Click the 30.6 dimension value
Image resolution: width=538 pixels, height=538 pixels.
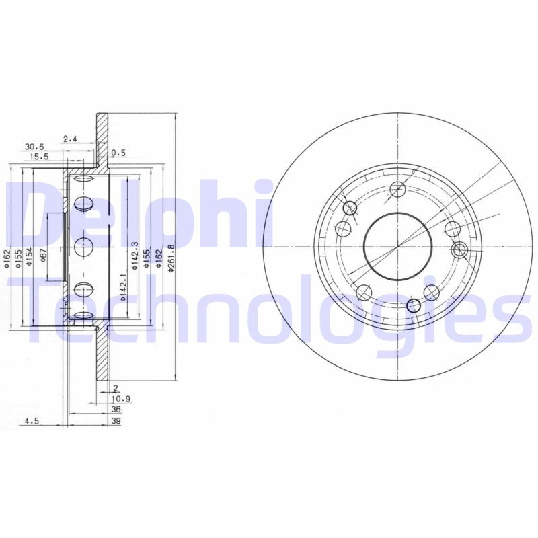pyautogui.click(x=34, y=146)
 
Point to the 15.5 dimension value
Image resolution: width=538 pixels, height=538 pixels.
pyautogui.click(x=38, y=156)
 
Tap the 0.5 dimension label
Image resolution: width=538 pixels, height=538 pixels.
pyautogui.click(x=118, y=153)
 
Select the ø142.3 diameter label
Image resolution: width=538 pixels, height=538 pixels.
pyautogui.click(x=134, y=256)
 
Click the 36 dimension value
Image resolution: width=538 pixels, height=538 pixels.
pyautogui.click(x=115, y=409)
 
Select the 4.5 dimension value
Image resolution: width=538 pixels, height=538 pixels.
pyautogui.click(x=31, y=421)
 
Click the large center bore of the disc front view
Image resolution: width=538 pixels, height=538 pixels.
pyautogui.click(x=397, y=246)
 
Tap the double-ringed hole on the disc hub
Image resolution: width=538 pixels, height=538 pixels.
pyautogui.click(x=459, y=251)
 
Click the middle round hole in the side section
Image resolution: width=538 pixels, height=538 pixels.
pyautogui.click(x=83, y=246)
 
